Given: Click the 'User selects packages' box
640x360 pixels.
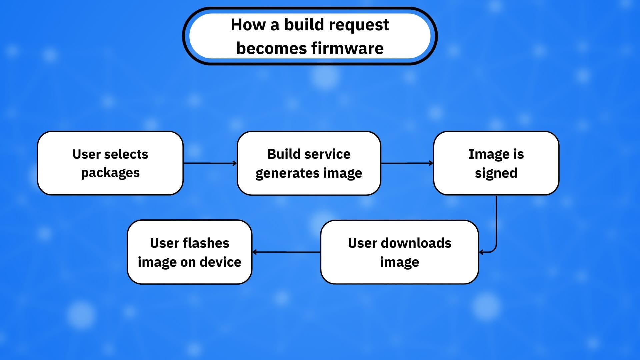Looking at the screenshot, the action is [110, 163].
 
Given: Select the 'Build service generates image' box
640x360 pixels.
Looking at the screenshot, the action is [309, 163].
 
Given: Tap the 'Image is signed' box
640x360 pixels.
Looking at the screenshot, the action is [496, 163].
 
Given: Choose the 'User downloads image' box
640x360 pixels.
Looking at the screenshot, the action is [399, 252].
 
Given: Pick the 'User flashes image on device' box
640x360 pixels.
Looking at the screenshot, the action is [189, 252].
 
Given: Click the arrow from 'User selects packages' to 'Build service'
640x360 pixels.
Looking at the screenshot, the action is [210, 163].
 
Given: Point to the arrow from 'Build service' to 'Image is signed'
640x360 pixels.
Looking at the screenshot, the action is [407, 163].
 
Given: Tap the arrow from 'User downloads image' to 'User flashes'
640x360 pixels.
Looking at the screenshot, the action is [286, 252].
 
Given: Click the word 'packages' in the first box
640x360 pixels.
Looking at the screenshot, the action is [110, 173].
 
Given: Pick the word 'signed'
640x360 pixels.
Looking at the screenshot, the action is [496, 173].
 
